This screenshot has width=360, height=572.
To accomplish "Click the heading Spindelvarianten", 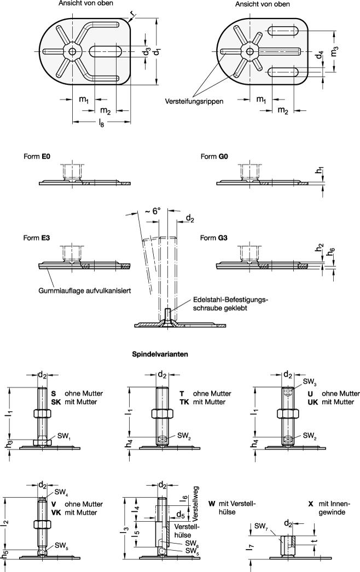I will coord(160,354).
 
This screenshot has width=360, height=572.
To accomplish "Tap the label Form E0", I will coord(37,156).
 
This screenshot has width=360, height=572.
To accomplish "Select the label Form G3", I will coord(214,238).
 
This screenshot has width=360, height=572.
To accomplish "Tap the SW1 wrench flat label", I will coord(63,436).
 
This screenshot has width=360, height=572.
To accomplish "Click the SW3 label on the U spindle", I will coord(310,383).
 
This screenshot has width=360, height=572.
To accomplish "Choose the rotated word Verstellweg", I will coord(193,503).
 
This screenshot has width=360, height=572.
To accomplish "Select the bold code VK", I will coord(56,513).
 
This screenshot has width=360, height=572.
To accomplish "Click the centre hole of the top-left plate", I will coord(73,52).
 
